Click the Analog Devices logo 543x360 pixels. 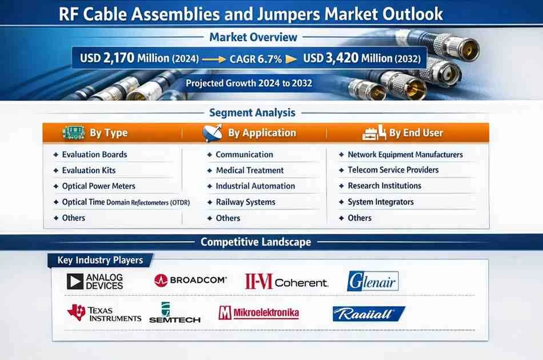pos(94,281)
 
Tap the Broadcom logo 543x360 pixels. pos(190,280)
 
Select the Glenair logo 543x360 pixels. pos(373,281)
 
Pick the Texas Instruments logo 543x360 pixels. pos(104,313)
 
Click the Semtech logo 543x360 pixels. pos(175,313)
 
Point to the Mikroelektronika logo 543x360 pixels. pos(259,313)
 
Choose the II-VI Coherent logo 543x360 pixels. pos(286,281)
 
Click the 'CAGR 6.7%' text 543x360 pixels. pos(255,59)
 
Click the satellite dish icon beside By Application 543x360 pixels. pos(212,133)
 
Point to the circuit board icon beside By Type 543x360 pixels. pos(74,133)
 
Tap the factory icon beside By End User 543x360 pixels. pos(374,133)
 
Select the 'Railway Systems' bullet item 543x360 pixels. pos(246,202)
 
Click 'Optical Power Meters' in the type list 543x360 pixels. pos(99,186)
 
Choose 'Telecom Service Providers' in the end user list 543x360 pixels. pos(393,170)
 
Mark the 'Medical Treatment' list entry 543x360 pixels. pos(250,170)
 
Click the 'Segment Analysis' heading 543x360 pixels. pos(252,113)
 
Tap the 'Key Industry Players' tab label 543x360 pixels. pos(100,260)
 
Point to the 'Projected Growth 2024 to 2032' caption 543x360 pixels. pos(249,83)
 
